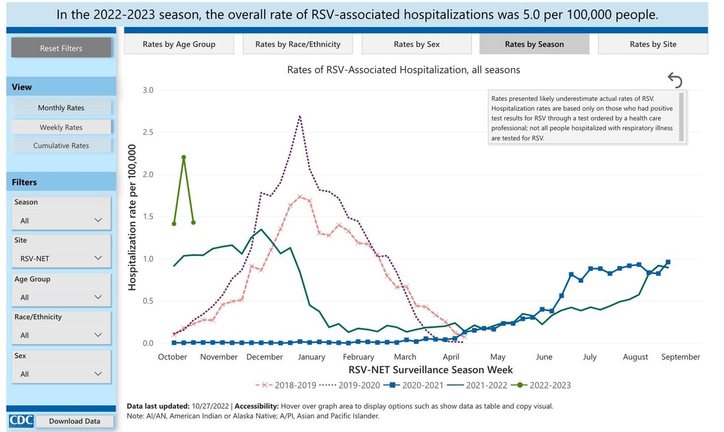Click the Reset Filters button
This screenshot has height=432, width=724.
tap(61, 48)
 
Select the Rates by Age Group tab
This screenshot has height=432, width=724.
tap(179, 44)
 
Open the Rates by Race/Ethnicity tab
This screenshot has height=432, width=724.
tap(298, 44)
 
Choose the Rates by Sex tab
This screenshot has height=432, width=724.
tap(416, 44)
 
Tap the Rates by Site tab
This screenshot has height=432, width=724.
tap(653, 44)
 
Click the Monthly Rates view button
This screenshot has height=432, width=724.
tap(61, 108)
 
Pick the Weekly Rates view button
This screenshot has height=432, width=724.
tap(61, 127)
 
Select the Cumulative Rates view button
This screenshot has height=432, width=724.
tap(61, 146)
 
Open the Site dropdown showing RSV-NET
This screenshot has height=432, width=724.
tap(61, 258)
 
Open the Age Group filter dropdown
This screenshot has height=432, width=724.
tap(61, 297)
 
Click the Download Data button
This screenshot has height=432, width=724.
tap(74, 421)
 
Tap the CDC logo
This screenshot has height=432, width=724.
tap(21, 421)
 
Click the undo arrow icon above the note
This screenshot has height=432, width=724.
tap(675, 80)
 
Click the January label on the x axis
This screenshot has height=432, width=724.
tap(311, 357)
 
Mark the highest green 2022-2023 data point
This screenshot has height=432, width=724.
tap(184, 157)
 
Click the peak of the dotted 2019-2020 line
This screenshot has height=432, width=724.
tap(299, 116)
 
